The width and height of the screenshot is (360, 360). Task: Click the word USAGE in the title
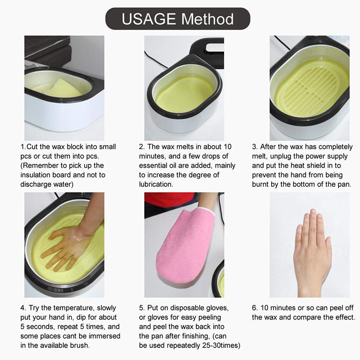point(148,19)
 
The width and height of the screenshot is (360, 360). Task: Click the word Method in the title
point(207,19)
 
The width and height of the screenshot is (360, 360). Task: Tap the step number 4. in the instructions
point(23,308)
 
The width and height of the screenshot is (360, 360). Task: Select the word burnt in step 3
point(261,184)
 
